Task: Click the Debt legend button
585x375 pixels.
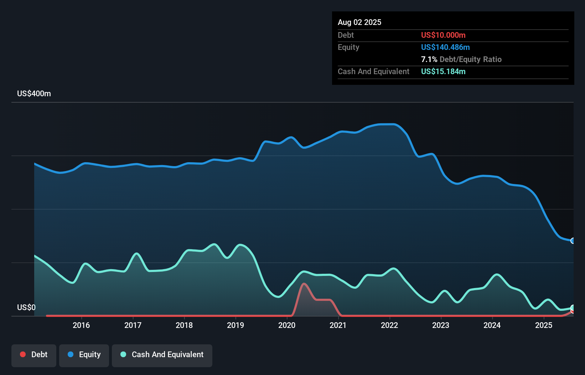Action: (x=34, y=355)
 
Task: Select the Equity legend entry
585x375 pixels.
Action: (x=84, y=355)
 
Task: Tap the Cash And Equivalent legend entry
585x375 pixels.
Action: (x=162, y=355)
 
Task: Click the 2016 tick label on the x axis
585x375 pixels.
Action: (x=81, y=325)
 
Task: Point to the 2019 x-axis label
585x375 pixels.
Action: (x=235, y=325)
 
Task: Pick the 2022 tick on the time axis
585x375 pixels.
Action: (x=389, y=325)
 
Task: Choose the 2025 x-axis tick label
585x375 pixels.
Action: (x=544, y=325)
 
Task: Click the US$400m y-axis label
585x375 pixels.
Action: (x=34, y=94)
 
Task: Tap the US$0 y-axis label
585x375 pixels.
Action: (x=26, y=307)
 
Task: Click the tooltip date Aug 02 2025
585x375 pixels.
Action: (x=359, y=22)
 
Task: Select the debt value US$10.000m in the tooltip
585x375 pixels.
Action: (x=443, y=35)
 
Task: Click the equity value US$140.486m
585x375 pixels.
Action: (x=445, y=47)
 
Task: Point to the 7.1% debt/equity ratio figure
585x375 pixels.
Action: (x=429, y=60)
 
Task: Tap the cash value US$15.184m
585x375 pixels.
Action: (x=443, y=71)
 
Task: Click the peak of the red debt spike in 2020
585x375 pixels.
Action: (x=304, y=284)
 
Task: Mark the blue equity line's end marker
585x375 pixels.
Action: (x=573, y=241)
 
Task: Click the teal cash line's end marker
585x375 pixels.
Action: (x=573, y=308)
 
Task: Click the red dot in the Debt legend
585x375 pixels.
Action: (x=23, y=354)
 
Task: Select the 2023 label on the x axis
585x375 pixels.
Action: (x=441, y=325)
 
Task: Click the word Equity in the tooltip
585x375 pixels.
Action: (x=348, y=47)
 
